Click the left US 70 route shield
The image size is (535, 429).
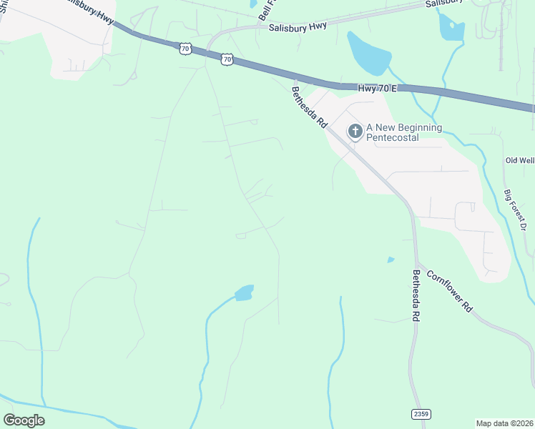tap(185, 49)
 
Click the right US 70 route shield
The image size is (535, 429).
tap(227, 60)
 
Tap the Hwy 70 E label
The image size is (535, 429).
tap(376, 87)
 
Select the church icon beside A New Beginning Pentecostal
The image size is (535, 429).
tap(355, 132)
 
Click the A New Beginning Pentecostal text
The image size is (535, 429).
tap(404, 132)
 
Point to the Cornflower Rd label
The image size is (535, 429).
tap(450, 291)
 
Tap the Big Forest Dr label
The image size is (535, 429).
tap(515, 210)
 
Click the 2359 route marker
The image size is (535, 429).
tap(421, 415)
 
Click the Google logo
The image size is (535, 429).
tap(24, 420)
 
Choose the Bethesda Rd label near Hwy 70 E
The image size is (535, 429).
tap(309, 107)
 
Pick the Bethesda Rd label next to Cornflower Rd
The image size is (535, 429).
tap(416, 295)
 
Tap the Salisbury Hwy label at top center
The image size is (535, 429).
tap(298, 27)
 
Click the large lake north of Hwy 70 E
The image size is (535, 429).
tap(369, 52)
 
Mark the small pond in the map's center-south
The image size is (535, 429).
tap(244, 292)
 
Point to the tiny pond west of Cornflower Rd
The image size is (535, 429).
tap(391, 260)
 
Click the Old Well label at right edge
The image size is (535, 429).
tap(519, 160)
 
